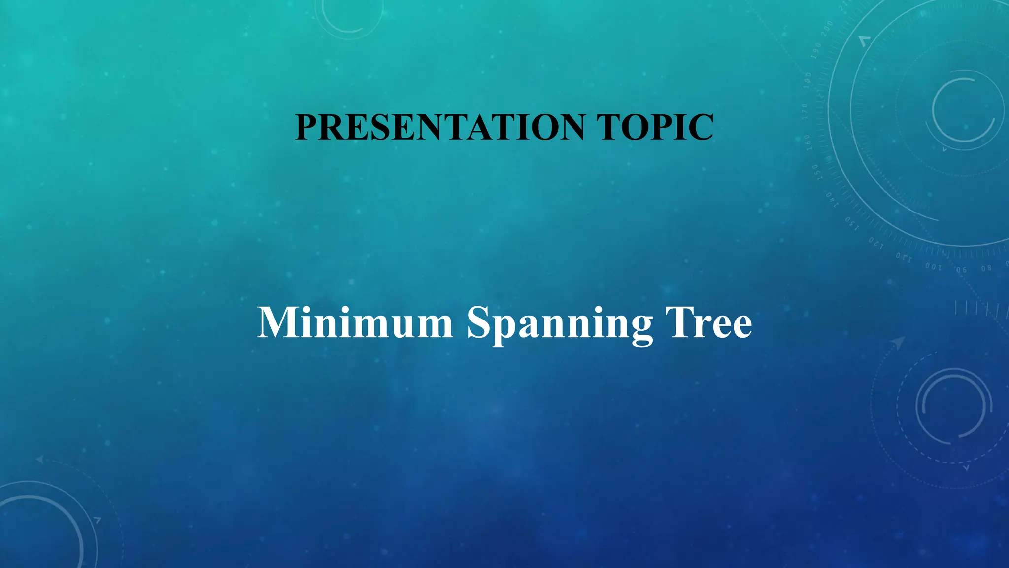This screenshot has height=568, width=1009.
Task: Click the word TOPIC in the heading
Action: coord(655,127)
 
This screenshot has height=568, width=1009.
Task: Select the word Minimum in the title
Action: coord(355,323)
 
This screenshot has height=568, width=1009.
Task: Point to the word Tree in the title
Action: coord(708,323)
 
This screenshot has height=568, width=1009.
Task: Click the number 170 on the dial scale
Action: coord(805,111)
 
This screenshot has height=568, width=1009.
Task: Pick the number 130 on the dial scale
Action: coord(852,224)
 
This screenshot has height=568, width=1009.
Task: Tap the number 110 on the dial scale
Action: coord(904,257)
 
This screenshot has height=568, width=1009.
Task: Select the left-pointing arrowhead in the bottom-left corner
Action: coord(40,460)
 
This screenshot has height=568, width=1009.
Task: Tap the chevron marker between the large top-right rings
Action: coord(864,41)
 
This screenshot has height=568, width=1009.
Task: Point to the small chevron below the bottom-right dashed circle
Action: coord(966,467)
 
